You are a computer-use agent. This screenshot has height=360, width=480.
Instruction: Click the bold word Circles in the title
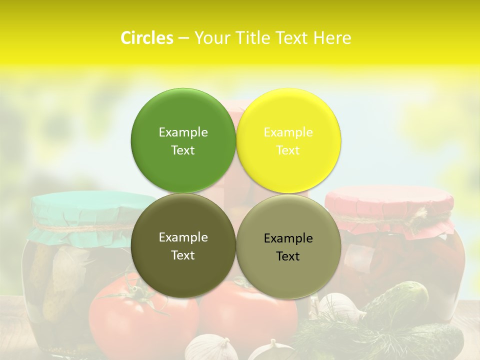click(x=146, y=38)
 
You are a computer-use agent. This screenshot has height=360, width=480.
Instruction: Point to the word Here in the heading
click(x=332, y=38)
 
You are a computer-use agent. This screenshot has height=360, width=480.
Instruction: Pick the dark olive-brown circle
click(x=183, y=270)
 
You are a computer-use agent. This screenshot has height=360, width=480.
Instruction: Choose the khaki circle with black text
click(x=288, y=272)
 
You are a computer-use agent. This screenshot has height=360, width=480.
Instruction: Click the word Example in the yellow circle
click(x=288, y=132)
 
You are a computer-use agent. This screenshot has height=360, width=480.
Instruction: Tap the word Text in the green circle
click(x=183, y=150)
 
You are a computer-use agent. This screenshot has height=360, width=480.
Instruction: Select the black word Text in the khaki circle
click(x=288, y=256)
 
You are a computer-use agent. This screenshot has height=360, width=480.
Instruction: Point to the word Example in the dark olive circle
click(x=183, y=237)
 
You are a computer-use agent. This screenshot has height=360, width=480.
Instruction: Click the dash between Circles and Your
click(x=183, y=38)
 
